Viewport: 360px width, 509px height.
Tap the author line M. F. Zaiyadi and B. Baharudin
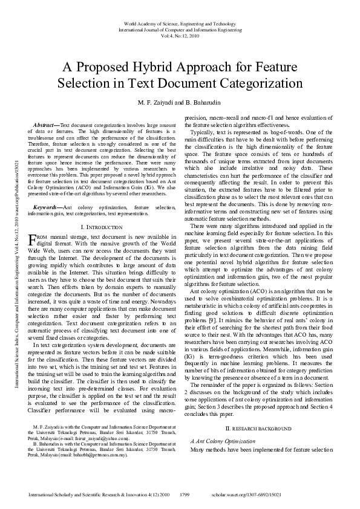pos(180,102)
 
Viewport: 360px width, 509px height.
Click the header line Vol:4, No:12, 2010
pos(180,35)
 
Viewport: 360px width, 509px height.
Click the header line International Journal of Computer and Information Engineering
pos(180,29)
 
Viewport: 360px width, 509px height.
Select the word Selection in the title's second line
pos(100,83)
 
